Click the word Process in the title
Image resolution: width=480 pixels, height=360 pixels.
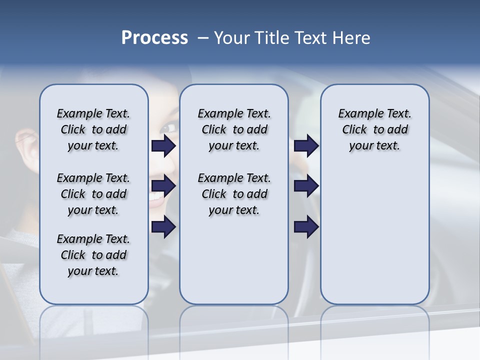154,38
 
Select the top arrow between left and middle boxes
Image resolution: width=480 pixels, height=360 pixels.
163,146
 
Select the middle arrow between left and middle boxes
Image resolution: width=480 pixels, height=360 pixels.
163,186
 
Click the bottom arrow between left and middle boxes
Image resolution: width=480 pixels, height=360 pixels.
163,226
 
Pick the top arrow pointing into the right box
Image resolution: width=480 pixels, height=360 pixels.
306,146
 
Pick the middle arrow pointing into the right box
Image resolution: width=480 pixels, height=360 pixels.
306,186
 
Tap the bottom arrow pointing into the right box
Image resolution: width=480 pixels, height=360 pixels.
306,226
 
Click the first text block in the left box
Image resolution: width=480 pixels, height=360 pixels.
93,129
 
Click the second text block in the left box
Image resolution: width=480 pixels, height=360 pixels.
93,194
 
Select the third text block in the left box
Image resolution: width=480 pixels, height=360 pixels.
93,255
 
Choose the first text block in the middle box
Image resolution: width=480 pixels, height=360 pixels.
234,129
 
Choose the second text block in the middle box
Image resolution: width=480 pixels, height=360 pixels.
234,194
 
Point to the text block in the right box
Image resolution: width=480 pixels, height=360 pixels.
374,129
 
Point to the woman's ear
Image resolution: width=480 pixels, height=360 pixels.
27,145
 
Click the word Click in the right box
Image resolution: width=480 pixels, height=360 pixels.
354,130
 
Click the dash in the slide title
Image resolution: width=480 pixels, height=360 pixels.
203,38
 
